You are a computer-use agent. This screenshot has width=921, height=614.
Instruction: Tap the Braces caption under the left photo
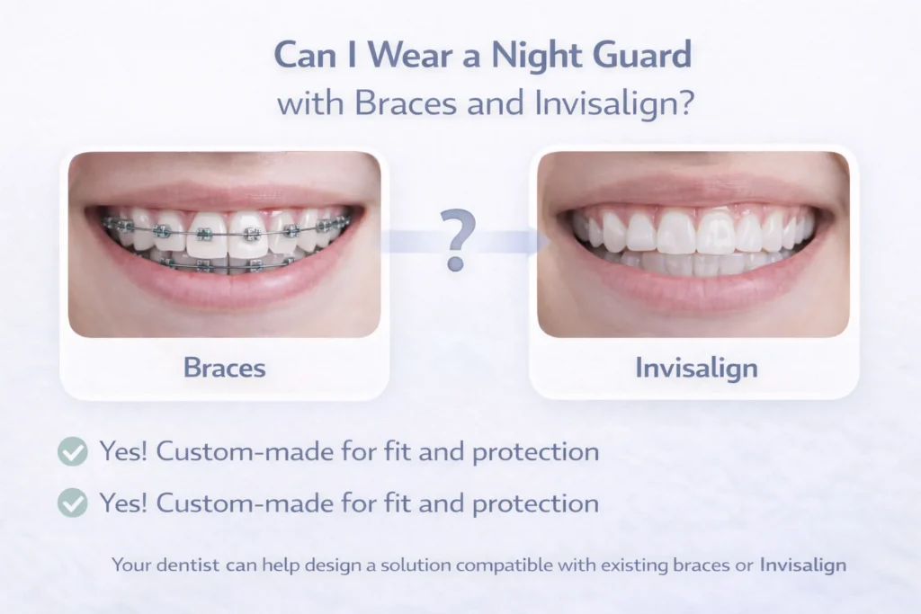224,367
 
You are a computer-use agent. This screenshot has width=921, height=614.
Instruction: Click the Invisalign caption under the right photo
696,367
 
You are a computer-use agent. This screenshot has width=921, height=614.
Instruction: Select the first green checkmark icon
73,451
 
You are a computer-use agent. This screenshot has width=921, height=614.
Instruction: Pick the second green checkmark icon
73,503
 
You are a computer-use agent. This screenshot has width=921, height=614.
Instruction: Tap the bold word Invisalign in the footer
803,565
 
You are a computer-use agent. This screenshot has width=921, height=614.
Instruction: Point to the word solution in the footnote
416,565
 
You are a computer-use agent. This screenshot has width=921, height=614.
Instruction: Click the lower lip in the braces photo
224,292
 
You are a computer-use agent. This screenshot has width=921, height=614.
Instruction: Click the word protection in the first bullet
539,451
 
